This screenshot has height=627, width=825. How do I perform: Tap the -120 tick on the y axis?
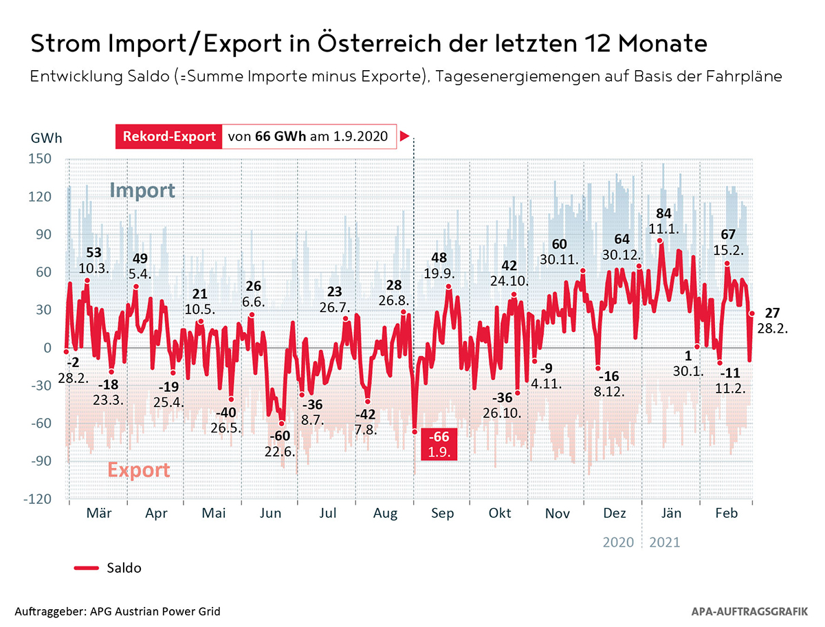[39, 499]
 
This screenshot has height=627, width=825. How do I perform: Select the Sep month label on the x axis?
[443, 514]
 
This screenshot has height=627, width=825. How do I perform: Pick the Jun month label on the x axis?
[271, 514]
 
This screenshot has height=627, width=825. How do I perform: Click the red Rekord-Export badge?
[169, 136]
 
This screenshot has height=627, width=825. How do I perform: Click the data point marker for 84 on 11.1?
[660, 241]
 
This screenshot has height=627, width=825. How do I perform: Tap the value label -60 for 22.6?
[280, 436]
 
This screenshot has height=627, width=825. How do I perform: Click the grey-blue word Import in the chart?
[143, 190]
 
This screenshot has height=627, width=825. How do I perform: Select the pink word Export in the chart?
[138, 470]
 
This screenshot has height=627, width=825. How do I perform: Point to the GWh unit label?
[46, 137]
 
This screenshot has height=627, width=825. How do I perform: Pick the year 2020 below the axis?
[619, 542]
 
